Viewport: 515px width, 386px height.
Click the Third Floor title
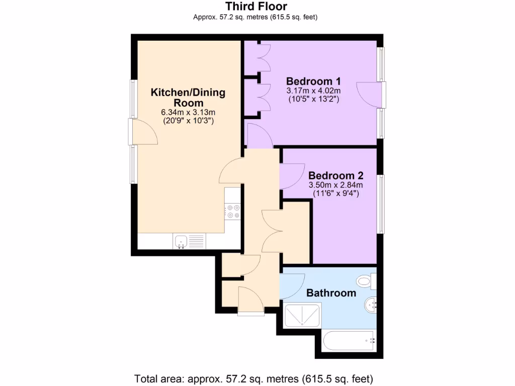point(256,7)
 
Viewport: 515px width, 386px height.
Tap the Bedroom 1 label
point(313,81)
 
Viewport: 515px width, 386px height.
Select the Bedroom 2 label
point(335,176)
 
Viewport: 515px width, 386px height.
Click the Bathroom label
point(331,293)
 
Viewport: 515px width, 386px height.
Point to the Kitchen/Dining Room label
point(189,98)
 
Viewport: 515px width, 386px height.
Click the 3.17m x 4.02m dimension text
point(313,91)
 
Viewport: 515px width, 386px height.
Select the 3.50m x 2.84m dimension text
point(335,185)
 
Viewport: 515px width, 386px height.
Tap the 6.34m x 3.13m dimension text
point(189,112)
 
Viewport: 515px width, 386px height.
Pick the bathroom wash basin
point(371,305)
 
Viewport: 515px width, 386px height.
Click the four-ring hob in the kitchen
point(232,211)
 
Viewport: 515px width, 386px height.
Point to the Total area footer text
point(253,378)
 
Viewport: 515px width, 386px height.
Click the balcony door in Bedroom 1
point(371,94)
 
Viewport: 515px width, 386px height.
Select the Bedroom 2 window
point(382,204)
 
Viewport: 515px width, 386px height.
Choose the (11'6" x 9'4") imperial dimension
point(335,194)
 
